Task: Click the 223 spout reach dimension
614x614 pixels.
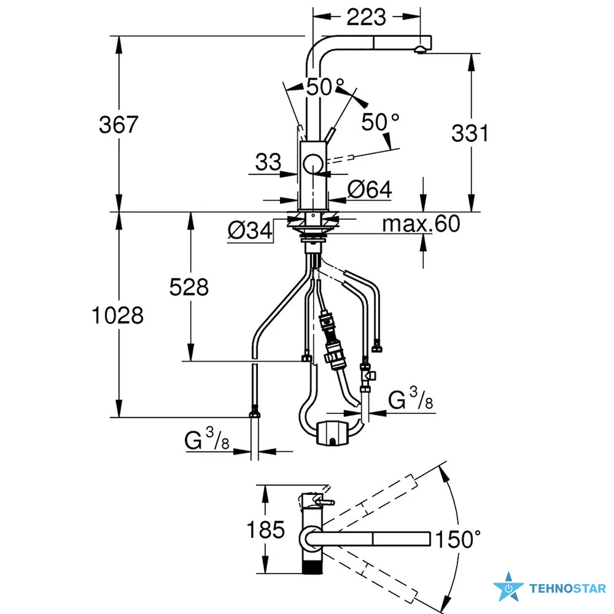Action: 366,17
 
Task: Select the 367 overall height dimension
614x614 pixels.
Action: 119,125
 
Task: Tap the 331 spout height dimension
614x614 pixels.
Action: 470,133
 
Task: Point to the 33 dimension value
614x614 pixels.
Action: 268,161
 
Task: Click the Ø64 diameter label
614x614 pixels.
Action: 370,190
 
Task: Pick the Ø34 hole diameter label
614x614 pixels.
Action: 250,230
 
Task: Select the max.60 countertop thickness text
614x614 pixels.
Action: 421,223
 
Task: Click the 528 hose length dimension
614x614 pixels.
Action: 188,287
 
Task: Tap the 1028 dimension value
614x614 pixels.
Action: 117,316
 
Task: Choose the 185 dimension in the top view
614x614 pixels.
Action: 265,530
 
